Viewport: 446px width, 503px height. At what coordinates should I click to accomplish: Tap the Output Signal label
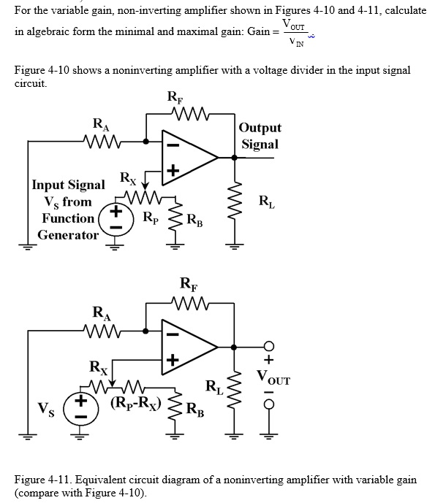click(x=260, y=136)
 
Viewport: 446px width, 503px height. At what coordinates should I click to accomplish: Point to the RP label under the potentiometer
click(x=150, y=217)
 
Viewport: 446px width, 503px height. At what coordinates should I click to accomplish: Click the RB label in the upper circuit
click(x=195, y=218)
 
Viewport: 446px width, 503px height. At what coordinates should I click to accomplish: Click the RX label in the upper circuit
click(x=127, y=177)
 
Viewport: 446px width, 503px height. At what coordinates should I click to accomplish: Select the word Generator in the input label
click(x=67, y=235)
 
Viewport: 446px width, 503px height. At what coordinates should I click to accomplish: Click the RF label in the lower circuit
click(x=188, y=285)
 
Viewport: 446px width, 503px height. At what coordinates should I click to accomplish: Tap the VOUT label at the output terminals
click(x=273, y=379)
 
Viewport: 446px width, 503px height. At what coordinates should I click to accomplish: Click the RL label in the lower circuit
click(x=213, y=386)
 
